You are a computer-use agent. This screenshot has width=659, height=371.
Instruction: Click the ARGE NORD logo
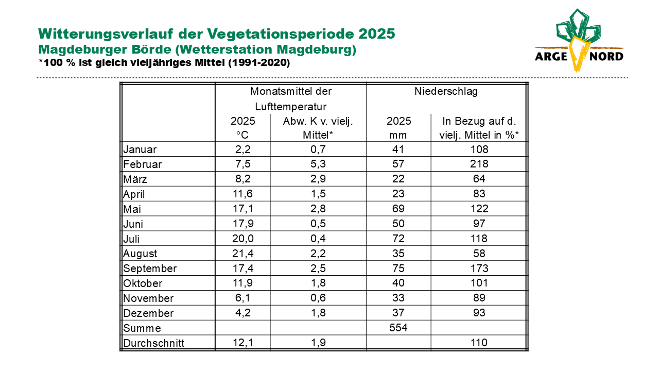(x=579, y=40)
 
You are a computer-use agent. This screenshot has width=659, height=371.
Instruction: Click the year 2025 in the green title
(x=376, y=33)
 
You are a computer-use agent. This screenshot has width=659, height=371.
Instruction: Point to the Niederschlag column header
(x=446, y=91)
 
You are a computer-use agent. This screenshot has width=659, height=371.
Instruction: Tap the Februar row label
(x=143, y=164)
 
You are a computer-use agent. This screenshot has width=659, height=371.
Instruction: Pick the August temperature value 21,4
(x=242, y=253)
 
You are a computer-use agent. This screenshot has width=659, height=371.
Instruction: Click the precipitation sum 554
(x=398, y=327)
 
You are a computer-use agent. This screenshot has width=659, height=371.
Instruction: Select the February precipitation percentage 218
(x=479, y=164)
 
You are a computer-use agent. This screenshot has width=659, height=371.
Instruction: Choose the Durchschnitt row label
(x=153, y=343)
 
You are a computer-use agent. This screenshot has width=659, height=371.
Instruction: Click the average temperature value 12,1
(x=242, y=343)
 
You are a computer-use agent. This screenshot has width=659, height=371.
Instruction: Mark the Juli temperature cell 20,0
(x=242, y=238)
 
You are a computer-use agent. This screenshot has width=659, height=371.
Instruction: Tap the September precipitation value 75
(x=398, y=268)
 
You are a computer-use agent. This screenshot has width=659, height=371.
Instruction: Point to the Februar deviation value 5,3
(x=318, y=164)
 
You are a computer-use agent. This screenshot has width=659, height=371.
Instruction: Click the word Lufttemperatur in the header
(x=291, y=107)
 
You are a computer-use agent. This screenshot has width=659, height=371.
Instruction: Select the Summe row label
(x=142, y=328)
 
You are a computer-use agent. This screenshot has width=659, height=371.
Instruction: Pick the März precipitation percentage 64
(x=479, y=179)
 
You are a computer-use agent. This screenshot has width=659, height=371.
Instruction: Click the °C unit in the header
(x=242, y=135)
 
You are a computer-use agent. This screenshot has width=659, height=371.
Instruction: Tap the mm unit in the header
(x=398, y=136)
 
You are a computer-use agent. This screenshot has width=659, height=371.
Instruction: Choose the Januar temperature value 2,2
(x=242, y=149)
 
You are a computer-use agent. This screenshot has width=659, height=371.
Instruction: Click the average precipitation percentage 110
(x=479, y=343)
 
